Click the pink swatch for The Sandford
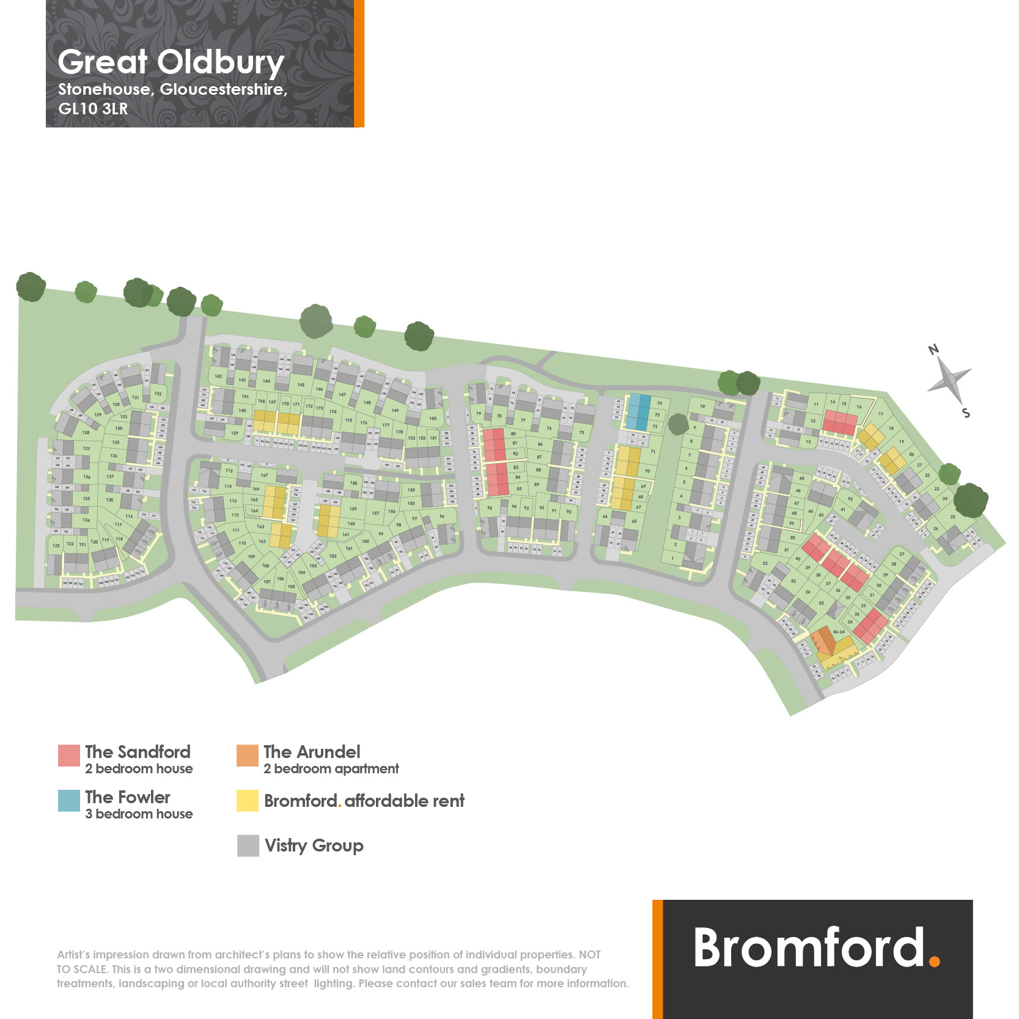(x=68, y=755)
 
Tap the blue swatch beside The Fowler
(x=68, y=800)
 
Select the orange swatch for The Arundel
(x=248, y=755)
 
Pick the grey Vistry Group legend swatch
(x=248, y=845)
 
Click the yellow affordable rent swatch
(x=248, y=800)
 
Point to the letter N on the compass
(x=933, y=350)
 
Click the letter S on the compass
(x=966, y=413)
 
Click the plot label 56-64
(x=839, y=632)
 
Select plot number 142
(x=218, y=377)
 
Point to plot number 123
(x=56, y=545)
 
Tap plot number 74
(x=660, y=403)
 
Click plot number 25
(x=952, y=517)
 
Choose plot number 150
(x=433, y=419)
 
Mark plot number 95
(x=490, y=508)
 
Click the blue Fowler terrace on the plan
(x=638, y=412)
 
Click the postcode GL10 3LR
(x=93, y=109)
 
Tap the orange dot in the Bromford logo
(x=934, y=961)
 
